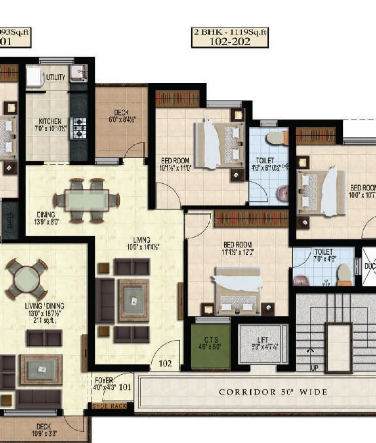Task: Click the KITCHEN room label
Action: pos(50,121)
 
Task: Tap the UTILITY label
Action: pos(55,77)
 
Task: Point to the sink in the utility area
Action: pos(78,73)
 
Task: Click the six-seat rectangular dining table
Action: pos(87,200)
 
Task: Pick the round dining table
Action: pos(27,279)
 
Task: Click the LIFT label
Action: pos(263,340)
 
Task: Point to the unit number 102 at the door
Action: pos(165,363)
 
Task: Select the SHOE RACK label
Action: pos(109,406)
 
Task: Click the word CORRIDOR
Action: pos(247,392)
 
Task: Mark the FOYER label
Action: pos(104,380)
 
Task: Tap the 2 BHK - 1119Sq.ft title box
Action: pos(230,37)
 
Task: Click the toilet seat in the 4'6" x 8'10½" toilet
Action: pos(277,138)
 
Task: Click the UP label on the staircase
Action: pos(314,368)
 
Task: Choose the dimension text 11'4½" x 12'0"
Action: pos(238,252)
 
